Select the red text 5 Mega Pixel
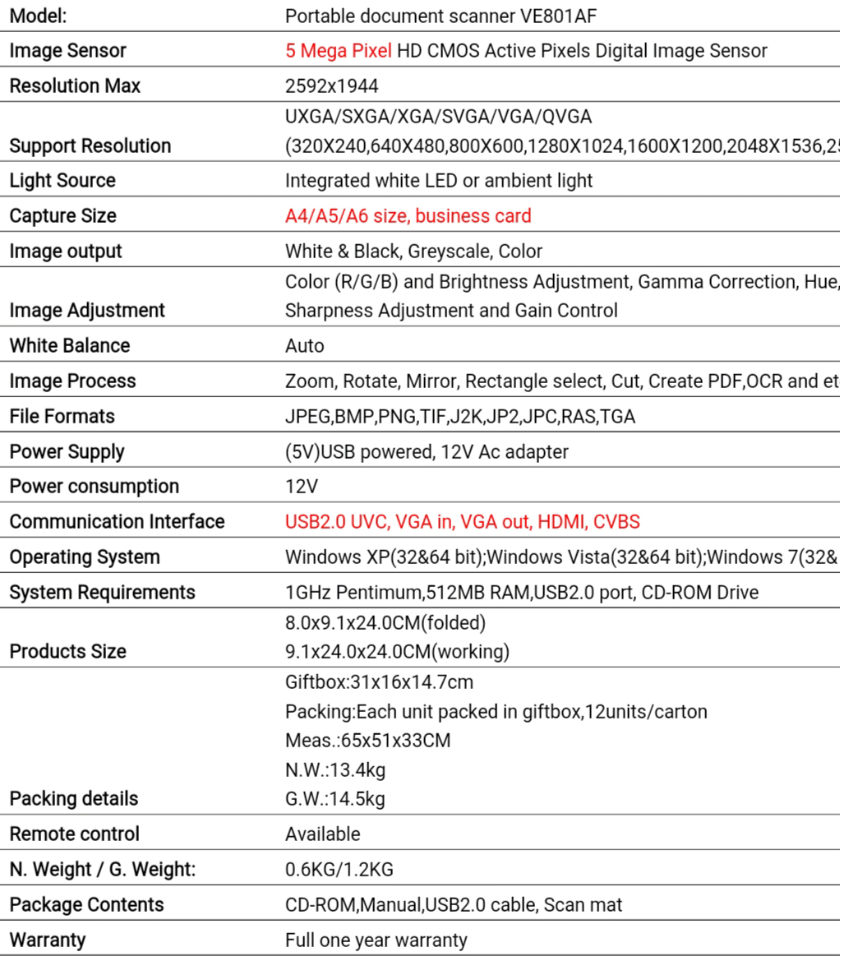click(x=338, y=51)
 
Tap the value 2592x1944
click(x=332, y=86)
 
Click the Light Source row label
click(x=62, y=181)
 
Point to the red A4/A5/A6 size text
click(x=348, y=216)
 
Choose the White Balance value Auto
click(x=304, y=346)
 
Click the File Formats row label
click(x=62, y=417)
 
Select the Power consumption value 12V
click(x=301, y=487)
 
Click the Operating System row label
click(x=85, y=557)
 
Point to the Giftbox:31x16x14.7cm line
click(x=379, y=682)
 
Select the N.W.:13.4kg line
click(x=335, y=770)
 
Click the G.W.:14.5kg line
click(x=335, y=799)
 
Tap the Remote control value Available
click(x=322, y=834)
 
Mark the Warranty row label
click(x=47, y=940)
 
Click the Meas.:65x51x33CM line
click(x=367, y=741)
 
